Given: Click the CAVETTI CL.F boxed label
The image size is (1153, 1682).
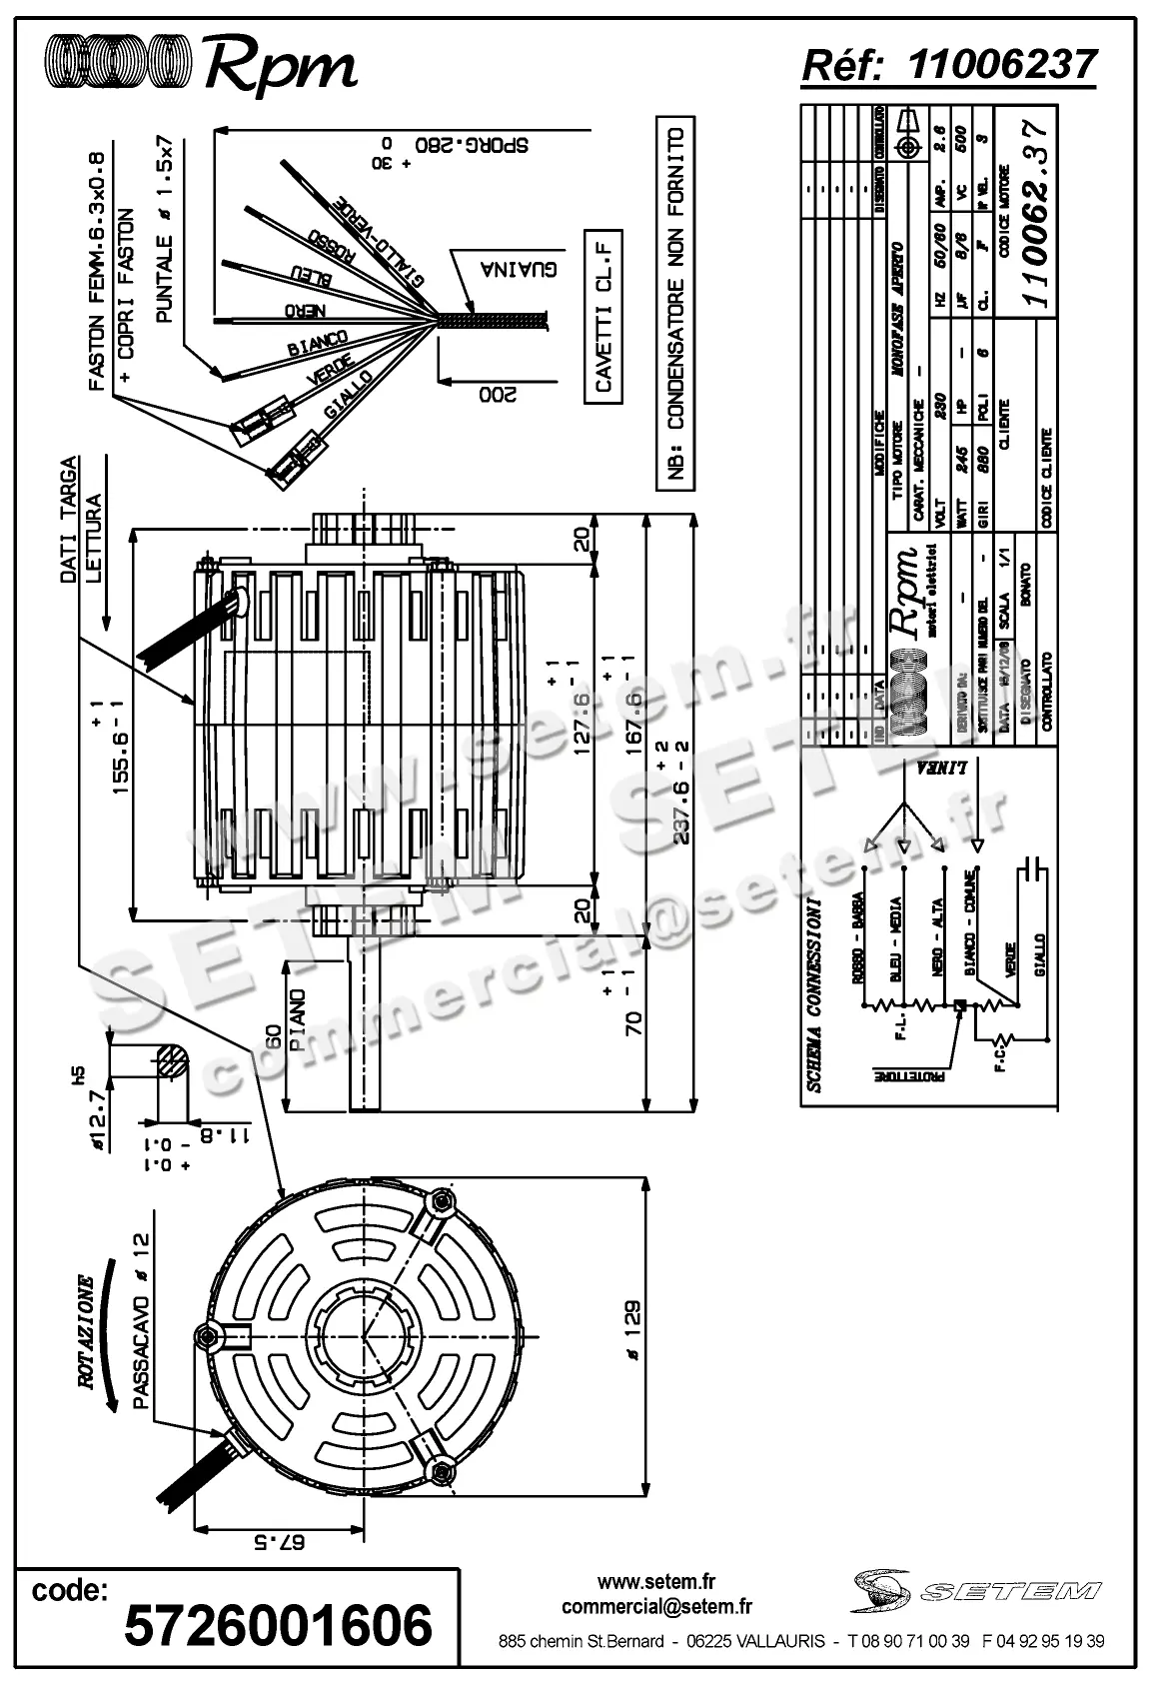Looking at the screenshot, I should pos(603,316).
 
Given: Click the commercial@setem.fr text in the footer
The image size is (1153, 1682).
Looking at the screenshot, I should pos(656,1606).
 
